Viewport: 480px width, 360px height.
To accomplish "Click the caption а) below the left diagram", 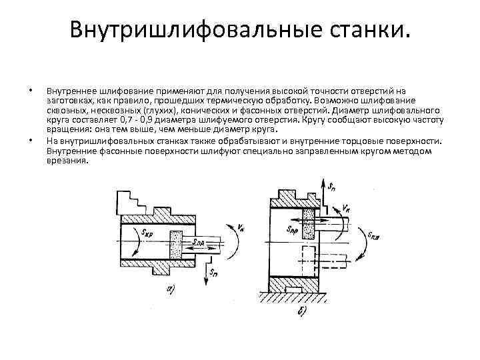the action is [x=171, y=289].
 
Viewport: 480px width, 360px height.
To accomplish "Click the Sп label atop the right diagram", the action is [x=332, y=181].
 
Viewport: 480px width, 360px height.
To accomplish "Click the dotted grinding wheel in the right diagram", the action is [x=309, y=224].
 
